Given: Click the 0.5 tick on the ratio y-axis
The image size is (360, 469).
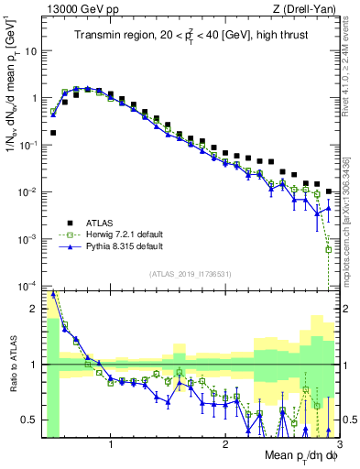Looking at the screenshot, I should pyautogui.click(x=29, y=420).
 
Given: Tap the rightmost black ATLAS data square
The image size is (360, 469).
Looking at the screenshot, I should pyautogui.click(x=328, y=191).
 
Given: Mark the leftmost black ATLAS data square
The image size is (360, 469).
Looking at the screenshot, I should pyautogui.click(x=53, y=133).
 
